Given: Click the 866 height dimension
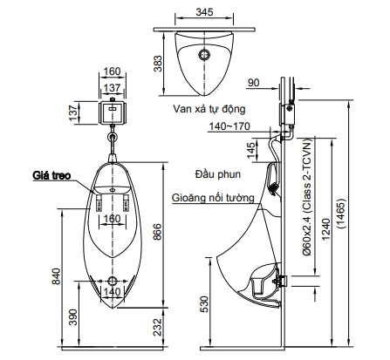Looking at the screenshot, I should pyautogui.click(x=155, y=233).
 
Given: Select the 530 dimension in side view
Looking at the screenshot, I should pyautogui.click(x=204, y=303).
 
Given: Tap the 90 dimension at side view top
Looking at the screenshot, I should pyautogui.click(x=253, y=83).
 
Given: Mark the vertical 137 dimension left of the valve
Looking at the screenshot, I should pyautogui.click(x=75, y=112).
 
